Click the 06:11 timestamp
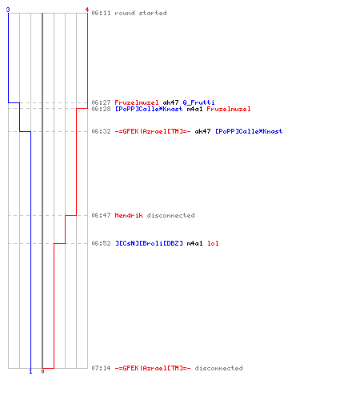[x=101, y=13]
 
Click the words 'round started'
[x=141, y=13]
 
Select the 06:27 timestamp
[x=101, y=102]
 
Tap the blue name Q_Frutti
[x=198, y=102]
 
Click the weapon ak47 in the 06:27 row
[x=170, y=102]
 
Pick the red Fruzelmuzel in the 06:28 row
[x=229, y=109]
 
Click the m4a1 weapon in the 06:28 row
[x=194, y=109]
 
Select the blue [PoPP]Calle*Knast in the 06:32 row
[x=249, y=131]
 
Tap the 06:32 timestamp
[x=101, y=131]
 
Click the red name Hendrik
[x=129, y=215]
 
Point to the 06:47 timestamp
[x=101, y=215]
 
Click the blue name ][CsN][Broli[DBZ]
[x=149, y=243]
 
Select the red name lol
[x=213, y=243]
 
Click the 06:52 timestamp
[x=101, y=243]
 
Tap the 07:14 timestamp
[x=101, y=368]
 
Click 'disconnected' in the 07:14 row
[x=218, y=368]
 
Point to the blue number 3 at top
[x=8, y=10]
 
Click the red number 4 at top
[x=87, y=10]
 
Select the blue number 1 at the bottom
[x=30, y=371]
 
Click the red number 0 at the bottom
[x=42, y=371]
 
